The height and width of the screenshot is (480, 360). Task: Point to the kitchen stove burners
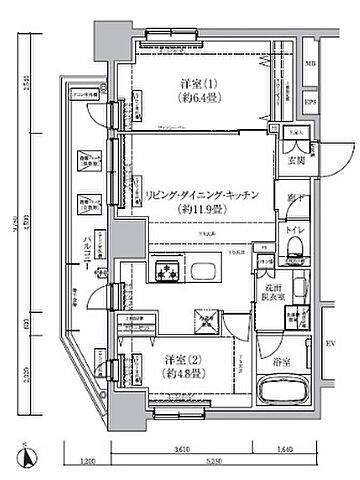[x=164, y=270]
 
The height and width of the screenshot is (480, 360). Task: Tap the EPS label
[x=310, y=101]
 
